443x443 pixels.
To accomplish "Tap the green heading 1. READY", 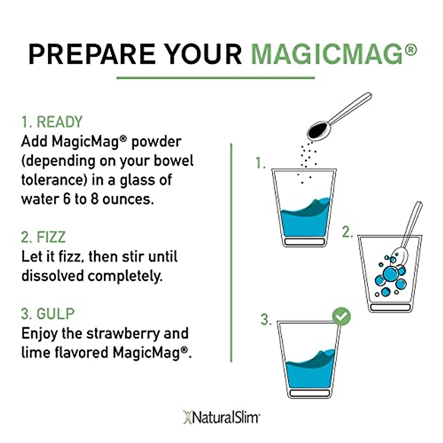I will pyautogui.click(x=52, y=122).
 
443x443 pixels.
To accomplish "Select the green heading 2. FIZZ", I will pyautogui.click(x=43, y=237).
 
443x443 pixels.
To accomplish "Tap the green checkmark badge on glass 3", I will pyautogui.click(x=341, y=316).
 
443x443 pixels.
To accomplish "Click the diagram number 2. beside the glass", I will pyautogui.click(x=347, y=232).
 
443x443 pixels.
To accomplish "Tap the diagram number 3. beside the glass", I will pyautogui.click(x=266, y=319).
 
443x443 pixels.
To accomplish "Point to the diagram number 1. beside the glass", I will pyautogui.click(x=261, y=163).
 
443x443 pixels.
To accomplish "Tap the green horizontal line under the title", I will pyautogui.click(x=216, y=78).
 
